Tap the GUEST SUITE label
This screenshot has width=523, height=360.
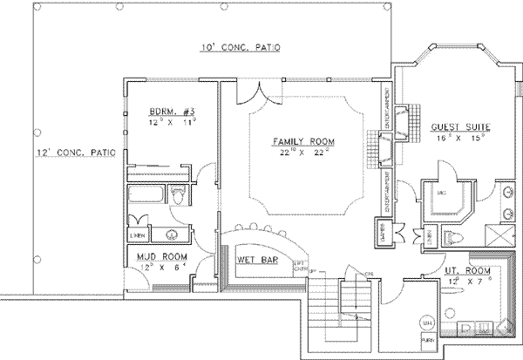(460, 127)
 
